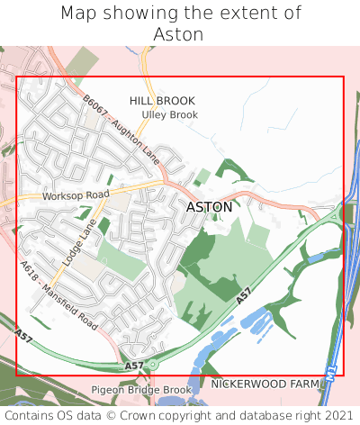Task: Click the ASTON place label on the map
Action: pos(209,206)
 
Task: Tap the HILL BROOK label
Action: pos(162,101)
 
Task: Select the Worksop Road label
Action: pos(76,194)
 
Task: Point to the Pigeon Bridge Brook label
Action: pos(141,389)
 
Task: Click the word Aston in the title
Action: pos(179,34)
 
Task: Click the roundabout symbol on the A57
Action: pos(153,365)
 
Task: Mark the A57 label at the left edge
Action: pos(24,334)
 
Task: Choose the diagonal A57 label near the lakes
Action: pos(243,294)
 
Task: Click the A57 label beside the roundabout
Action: pos(133,366)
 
